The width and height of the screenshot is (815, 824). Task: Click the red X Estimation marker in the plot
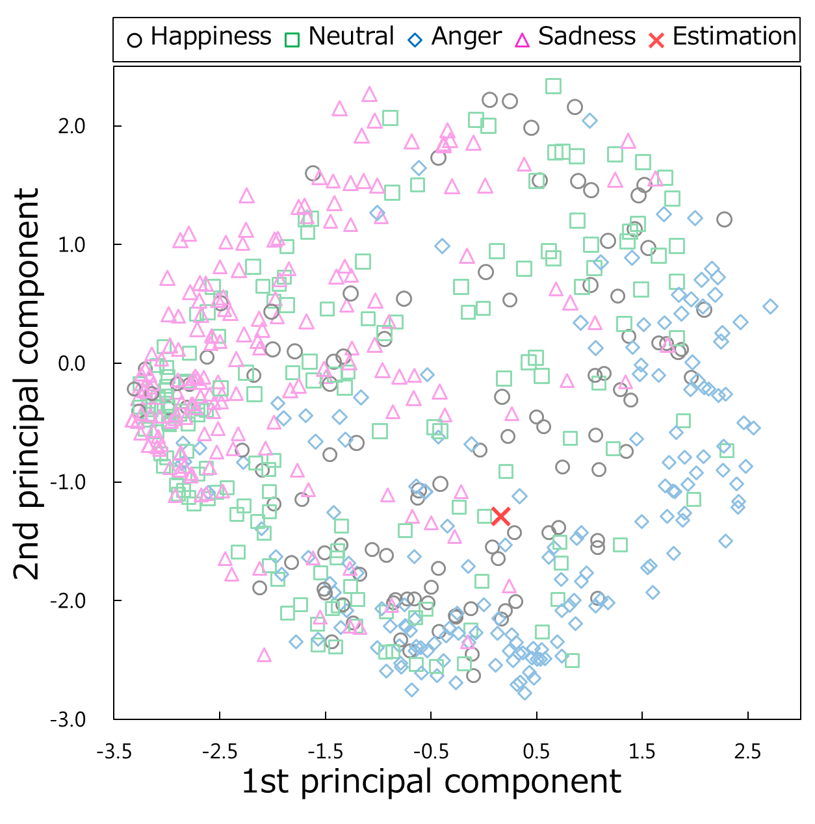[500, 516]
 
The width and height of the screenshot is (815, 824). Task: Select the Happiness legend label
[211, 36]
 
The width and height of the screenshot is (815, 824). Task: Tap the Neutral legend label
[351, 36]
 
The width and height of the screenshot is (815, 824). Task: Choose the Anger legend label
[466, 36]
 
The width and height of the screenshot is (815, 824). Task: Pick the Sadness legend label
[587, 36]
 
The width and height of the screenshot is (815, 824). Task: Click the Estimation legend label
[734, 36]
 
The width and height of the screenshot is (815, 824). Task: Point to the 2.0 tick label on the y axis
[71, 126]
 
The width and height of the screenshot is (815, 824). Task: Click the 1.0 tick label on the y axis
[71, 245]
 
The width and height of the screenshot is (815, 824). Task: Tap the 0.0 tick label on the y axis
[71, 363]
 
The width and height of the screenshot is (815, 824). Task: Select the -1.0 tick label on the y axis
[69, 482]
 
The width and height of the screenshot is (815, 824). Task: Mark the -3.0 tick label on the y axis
[69, 719]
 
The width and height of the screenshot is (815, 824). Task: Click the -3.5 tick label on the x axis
[114, 752]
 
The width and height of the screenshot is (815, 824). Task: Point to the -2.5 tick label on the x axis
[220, 752]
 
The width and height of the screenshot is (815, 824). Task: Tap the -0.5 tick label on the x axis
[431, 752]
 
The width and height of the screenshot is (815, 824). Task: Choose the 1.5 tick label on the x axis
[642, 752]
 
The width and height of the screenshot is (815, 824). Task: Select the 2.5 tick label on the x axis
[748, 752]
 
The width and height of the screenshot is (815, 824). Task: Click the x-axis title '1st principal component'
[431, 782]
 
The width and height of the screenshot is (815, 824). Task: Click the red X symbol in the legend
[656, 40]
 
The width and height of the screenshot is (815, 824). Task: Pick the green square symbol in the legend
[292, 40]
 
